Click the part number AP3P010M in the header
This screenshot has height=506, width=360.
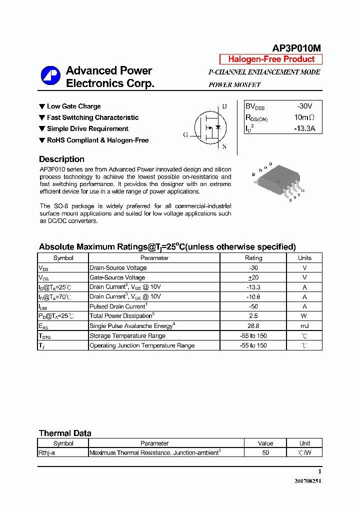(x=296, y=48)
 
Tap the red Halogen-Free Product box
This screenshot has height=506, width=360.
(x=271, y=59)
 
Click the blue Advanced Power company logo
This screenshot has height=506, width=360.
(x=50, y=76)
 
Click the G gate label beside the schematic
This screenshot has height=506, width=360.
(x=185, y=135)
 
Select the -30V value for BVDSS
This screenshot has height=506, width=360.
(x=304, y=106)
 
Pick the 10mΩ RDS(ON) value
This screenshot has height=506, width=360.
(x=304, y=117)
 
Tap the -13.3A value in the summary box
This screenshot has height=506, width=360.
(x=304, y=128)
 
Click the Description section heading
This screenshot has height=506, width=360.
(x=61, y=159)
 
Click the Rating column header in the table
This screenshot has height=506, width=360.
(x=253, y=258)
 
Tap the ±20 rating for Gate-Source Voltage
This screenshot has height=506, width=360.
(x=253, y=277)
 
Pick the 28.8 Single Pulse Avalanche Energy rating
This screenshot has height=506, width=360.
(x=253, y=326)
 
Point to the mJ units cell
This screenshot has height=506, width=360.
(x=304, y=326)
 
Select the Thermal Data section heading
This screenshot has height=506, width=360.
(x=65, y=433)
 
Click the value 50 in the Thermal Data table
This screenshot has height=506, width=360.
(x=265, y=452)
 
